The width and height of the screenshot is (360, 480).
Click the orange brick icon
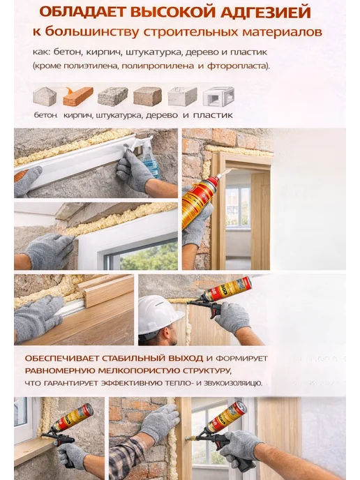[x=78, y=96]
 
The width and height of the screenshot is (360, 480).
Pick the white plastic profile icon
[x=218, y=96]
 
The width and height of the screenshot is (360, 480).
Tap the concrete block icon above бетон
[x=45, y=96]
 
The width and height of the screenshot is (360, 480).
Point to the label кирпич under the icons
[x=78, y=116]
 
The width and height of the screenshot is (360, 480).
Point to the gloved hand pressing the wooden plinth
[x=38, y=318]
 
